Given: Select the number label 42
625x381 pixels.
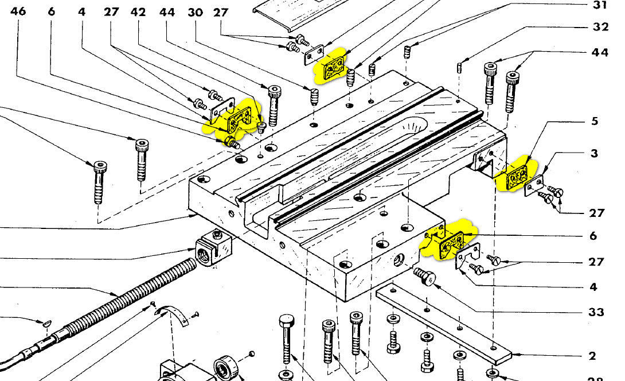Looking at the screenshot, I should tap(138, 11).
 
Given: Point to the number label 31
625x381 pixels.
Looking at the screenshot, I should tap(599, 6).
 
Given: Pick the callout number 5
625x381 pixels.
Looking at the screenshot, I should tap(595, 121).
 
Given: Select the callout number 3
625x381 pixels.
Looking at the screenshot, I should tap(595, 153).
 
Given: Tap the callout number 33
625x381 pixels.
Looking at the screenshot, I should tap(596, 312).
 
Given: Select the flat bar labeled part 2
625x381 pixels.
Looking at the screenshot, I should tap(442, 324).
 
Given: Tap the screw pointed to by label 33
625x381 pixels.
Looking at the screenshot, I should tap(424, 277).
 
